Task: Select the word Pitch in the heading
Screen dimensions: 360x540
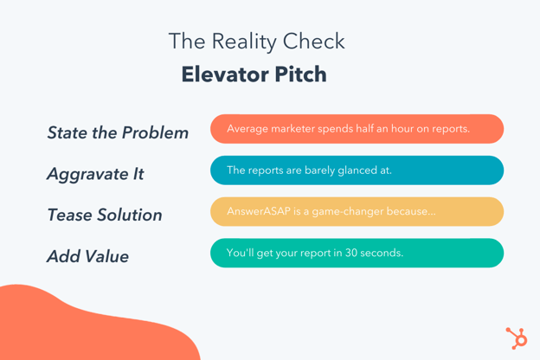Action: click(x=298, y=74)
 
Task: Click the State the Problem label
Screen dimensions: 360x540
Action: click(x=118, y=132)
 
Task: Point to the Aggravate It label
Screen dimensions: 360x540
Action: click(x=95, y=174)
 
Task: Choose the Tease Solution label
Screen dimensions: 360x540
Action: click(x=105, y=215)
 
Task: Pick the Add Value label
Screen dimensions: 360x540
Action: click(x=88, y=256)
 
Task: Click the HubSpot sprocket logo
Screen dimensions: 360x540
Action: click(x=517, y=337)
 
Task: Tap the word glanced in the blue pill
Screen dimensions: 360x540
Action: click(x=352, y=170)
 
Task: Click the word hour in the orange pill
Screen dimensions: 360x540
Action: click(x=399, y=129)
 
